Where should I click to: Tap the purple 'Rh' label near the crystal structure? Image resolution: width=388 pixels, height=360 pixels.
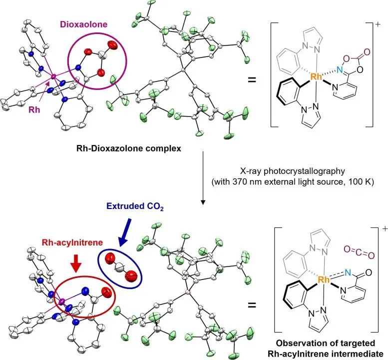point(34,109)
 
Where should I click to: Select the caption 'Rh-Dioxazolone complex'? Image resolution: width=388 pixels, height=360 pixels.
point(129,148)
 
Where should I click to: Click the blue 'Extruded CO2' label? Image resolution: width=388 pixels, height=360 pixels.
point(135,206)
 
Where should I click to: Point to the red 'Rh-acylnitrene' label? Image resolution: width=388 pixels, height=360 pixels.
point(72,242)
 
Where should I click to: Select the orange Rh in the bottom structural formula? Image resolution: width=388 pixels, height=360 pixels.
point(324,279)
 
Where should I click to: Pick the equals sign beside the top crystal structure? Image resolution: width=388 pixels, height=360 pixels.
point(252,80)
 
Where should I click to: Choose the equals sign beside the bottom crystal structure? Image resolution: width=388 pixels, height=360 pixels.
point(252,305)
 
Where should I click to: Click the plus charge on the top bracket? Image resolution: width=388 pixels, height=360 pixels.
point(378,25)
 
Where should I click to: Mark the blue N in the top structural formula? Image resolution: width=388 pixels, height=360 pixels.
point(340,70)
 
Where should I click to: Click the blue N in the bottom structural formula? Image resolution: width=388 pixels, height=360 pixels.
point(348,273)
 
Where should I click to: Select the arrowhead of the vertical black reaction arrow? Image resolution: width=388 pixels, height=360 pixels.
point(203,202)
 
